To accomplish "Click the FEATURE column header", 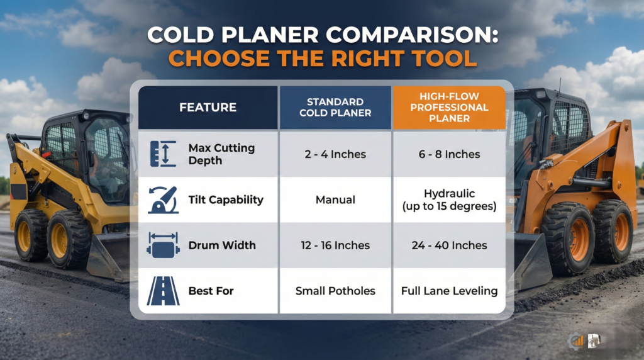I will [208, 108].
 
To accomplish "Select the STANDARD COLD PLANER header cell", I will [335, 108].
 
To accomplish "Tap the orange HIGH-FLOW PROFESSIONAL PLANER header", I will [449, 108].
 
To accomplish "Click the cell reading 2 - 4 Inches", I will [335, 154].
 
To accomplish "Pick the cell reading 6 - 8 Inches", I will [449, 154].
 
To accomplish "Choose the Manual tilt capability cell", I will [335, 200].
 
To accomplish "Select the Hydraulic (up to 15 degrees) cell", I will [449, 200].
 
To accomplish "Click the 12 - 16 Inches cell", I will [335, 245].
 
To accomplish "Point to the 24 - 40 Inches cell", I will [449, 245].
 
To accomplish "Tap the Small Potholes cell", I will [335, 291].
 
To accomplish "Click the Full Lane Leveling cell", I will [449, 291].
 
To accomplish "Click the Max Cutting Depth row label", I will [221, 154].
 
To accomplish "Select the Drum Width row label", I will [222, 245].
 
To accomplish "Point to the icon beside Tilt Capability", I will [163, 200].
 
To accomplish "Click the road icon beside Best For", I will [163, 291].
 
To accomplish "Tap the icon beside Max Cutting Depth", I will [163, 154].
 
